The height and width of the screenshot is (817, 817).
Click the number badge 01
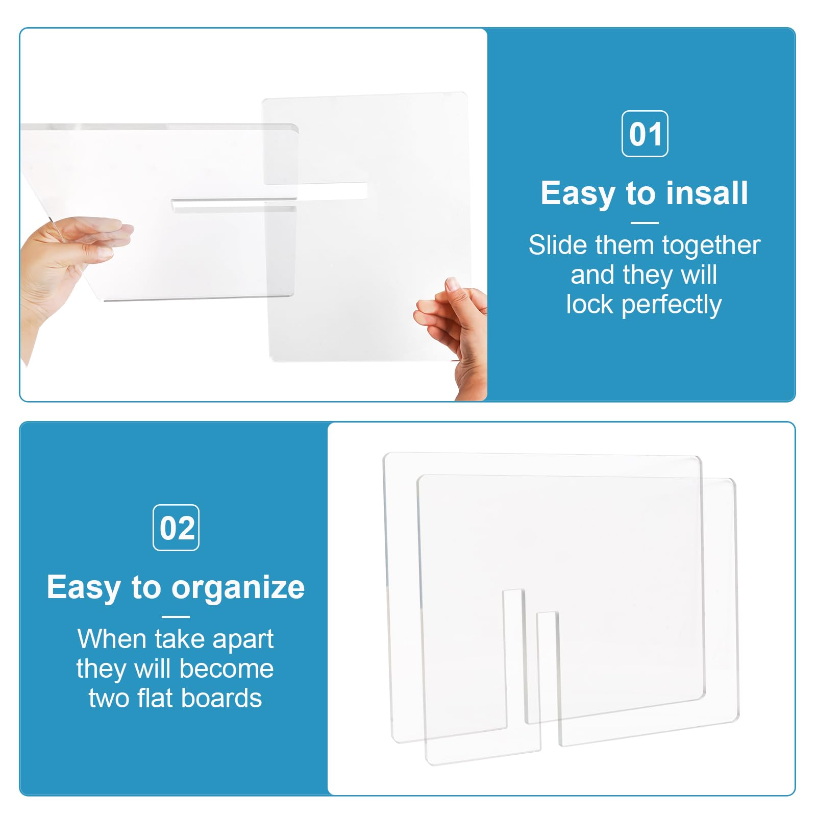(645, 134)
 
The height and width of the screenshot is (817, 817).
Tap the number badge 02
(176, 528)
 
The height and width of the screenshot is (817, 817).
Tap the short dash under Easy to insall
(645, 222)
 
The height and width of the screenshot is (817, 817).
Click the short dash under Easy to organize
(176, 616)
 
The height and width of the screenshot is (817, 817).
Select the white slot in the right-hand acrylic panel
(332, 191)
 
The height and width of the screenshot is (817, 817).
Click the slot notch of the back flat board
(514, 658)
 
